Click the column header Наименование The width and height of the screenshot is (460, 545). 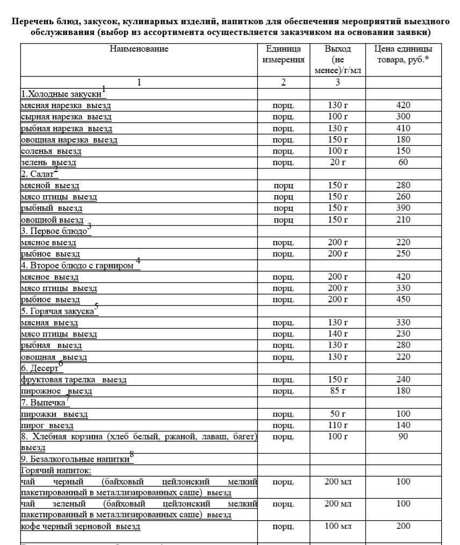point(139,49)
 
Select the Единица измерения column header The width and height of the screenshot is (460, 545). point(283,54)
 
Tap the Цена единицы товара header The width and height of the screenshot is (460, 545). point(403,54)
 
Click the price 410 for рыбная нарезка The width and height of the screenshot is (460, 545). point(403,129)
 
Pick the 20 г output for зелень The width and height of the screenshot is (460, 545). point(337,162)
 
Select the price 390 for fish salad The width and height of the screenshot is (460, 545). point(403,208)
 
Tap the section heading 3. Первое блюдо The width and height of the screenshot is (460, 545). point(54,231)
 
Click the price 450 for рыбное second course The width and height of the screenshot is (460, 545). point(403,300)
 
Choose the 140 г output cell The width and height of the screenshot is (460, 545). point(337,334)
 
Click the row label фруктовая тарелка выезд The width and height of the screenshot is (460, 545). point(74,380)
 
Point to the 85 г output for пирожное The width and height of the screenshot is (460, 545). point(337,391)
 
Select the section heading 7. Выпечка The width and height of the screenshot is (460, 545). point(43,403)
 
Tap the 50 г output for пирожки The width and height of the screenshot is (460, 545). point(337,414)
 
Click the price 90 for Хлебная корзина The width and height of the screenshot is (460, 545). point(403,437)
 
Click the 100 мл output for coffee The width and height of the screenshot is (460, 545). point(337,526)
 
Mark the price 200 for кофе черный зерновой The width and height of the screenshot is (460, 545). point(403,526)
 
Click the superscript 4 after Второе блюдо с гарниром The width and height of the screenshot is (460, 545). point(138,261)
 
